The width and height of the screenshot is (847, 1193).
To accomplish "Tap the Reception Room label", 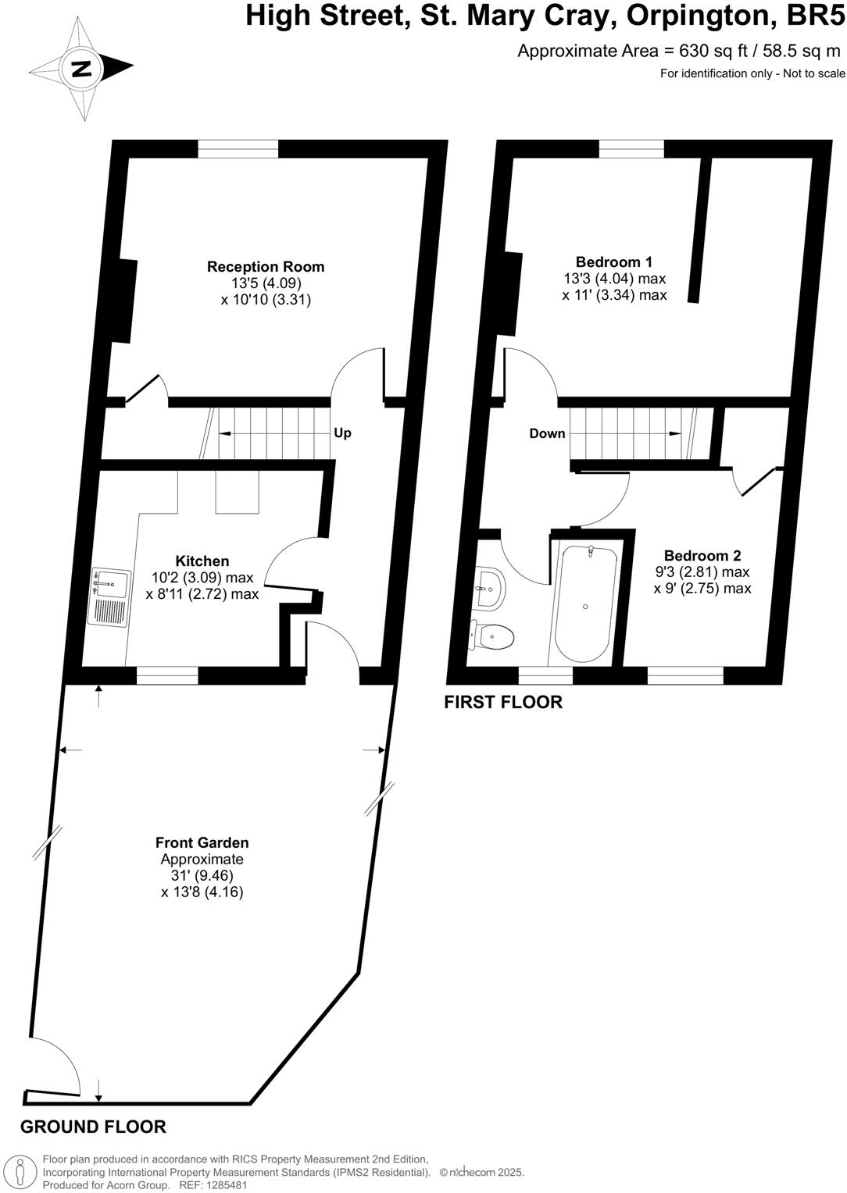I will point(265,267).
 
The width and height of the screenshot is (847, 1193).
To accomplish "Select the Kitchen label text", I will point(202,561).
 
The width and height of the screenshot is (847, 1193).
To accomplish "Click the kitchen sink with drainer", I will point(109,596).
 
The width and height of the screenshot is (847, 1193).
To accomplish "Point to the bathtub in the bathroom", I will point(585,605).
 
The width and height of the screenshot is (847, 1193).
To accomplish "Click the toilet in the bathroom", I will point(492,636).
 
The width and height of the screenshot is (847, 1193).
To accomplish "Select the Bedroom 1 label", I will point(613,262).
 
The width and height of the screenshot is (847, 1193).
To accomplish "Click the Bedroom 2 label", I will point(702,556).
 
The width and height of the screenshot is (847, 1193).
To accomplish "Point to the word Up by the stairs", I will point(342,433).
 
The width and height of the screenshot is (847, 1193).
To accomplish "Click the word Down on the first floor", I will point(547,433).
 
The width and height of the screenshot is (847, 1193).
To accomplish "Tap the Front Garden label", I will point(202,842).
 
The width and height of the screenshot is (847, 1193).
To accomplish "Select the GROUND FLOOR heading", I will point(93,1127).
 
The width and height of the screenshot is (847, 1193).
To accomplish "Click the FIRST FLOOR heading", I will point(502,702).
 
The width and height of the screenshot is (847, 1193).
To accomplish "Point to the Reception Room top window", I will point(238,148).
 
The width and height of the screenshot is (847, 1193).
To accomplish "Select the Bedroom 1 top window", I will point(631,148).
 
